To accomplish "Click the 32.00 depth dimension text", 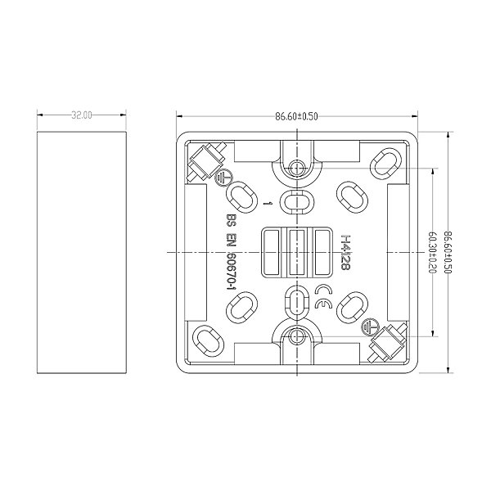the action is tap(82, 115).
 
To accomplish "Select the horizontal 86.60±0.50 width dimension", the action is tap(296, 116).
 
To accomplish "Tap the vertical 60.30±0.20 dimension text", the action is tap(432, 252).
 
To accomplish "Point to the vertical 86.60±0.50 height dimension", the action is tap(448, 252).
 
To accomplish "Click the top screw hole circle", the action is tap(296, 168).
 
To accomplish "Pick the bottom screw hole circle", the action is tap(296, 336).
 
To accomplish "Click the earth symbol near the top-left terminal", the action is tap(223, 178).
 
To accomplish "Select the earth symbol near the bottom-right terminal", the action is tap(370, 327).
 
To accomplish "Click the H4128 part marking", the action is tap(345, 252).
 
